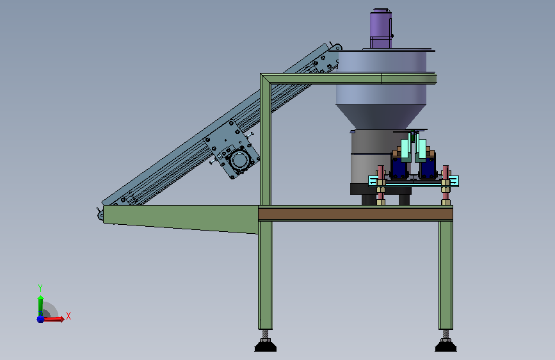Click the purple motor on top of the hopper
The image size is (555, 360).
click(381, 28)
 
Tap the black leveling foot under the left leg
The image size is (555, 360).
click(266, 345)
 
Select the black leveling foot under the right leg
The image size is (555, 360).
click(446, 345)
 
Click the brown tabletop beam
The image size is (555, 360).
click(355, 214)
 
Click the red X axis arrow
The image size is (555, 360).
click(53, 319)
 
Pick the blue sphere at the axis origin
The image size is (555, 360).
click(40, 319)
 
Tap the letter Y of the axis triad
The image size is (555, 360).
click(40, 288)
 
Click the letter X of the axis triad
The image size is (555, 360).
click(68, 316)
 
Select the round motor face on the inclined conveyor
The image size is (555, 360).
click(239, 160)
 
